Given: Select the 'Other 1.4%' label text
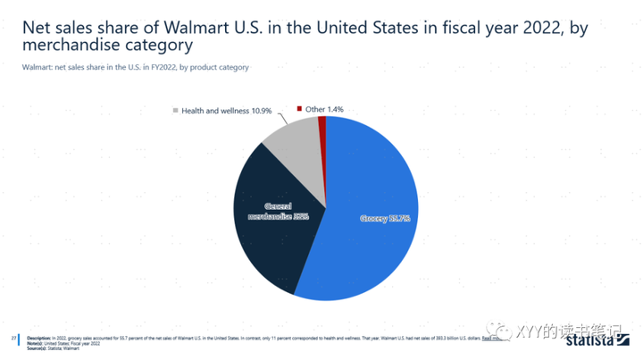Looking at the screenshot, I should [x=324, y=109].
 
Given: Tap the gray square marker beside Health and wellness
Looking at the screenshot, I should [x=175, y=111].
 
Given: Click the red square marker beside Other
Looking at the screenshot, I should [x=299, y=109].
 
